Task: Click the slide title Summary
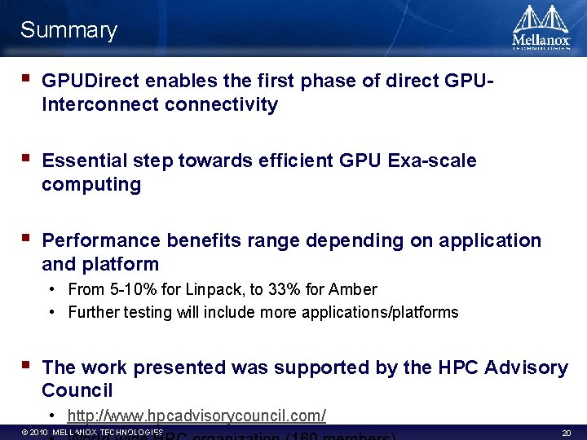click(68, 31)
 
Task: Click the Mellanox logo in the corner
click(541, 28)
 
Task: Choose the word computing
click(91, 184)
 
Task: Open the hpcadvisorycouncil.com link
click(196, 416)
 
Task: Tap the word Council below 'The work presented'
click(77, 390)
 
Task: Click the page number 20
click(567, 433)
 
